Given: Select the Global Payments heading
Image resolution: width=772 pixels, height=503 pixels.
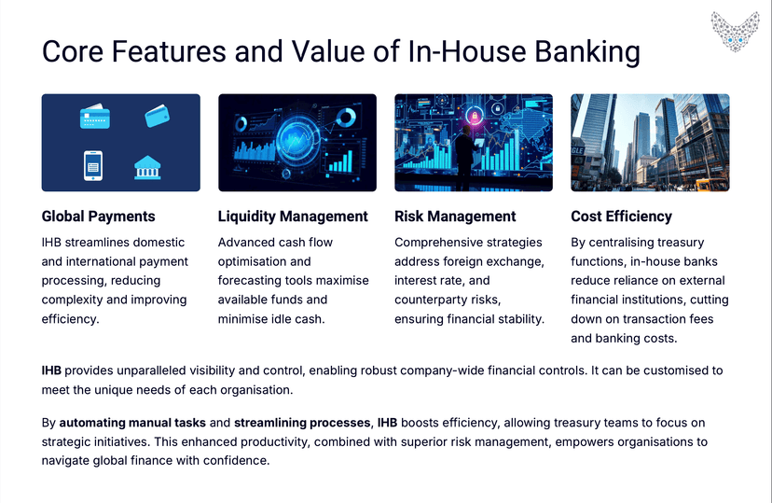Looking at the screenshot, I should tap(99, 217).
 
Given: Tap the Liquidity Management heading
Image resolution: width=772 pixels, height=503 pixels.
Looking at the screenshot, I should tap(293, 217).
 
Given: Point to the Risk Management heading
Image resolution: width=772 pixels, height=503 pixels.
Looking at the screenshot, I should tap(455, 217).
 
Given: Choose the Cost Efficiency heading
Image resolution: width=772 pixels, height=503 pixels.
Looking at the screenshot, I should tap(621, 217).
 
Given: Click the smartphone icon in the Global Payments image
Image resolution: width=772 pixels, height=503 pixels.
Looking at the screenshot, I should tap(92, 165).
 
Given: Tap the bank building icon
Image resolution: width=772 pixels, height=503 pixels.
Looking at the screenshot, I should tap(147, 166).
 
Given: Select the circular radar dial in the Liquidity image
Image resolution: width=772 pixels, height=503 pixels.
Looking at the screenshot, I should tap(296, 142).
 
